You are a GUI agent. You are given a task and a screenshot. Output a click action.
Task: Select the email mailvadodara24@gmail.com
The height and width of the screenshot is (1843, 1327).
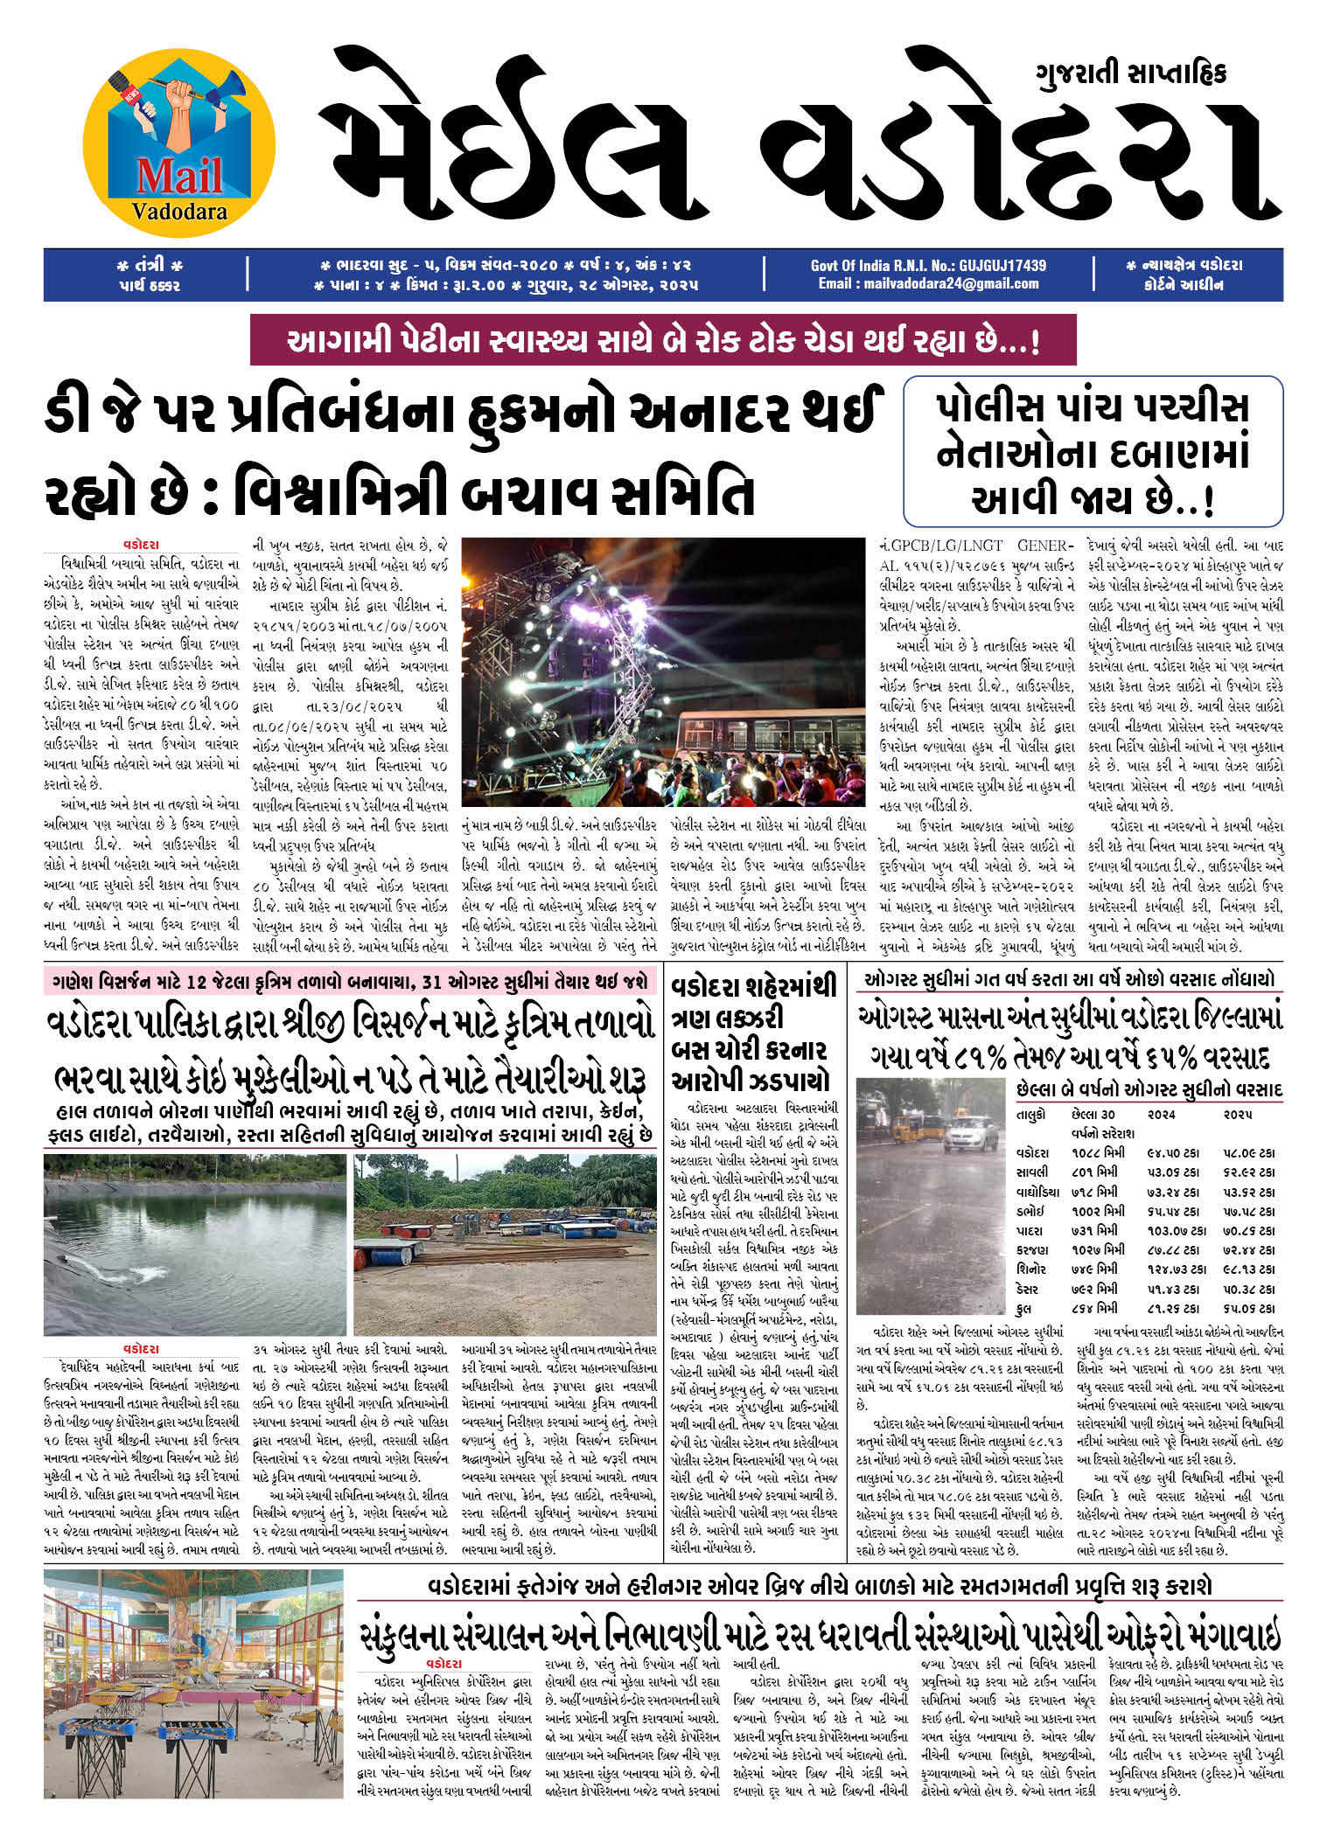928,283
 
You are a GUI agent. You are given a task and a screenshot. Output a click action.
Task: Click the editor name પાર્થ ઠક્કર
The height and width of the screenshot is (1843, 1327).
149,284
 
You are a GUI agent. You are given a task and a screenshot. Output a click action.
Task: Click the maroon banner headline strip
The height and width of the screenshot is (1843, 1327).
662,341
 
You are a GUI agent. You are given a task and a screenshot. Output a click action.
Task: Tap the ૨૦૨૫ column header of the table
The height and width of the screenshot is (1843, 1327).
1237,1116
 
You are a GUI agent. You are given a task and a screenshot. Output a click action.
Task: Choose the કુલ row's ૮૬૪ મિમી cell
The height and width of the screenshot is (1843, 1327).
1093,1308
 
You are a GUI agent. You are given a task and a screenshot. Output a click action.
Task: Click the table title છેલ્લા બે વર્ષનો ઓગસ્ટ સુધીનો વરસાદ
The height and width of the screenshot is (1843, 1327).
1149,1090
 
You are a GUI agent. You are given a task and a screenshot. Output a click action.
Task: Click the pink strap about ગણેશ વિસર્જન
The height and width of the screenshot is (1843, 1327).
348,981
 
